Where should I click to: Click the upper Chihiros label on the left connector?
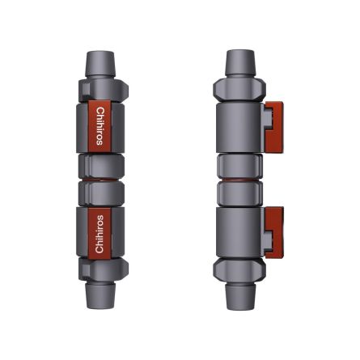100,125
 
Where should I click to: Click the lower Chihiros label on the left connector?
100,233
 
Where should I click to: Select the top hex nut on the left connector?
101,87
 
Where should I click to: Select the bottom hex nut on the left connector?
101,269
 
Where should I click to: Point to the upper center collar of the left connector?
101,165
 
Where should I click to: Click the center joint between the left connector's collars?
101,180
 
